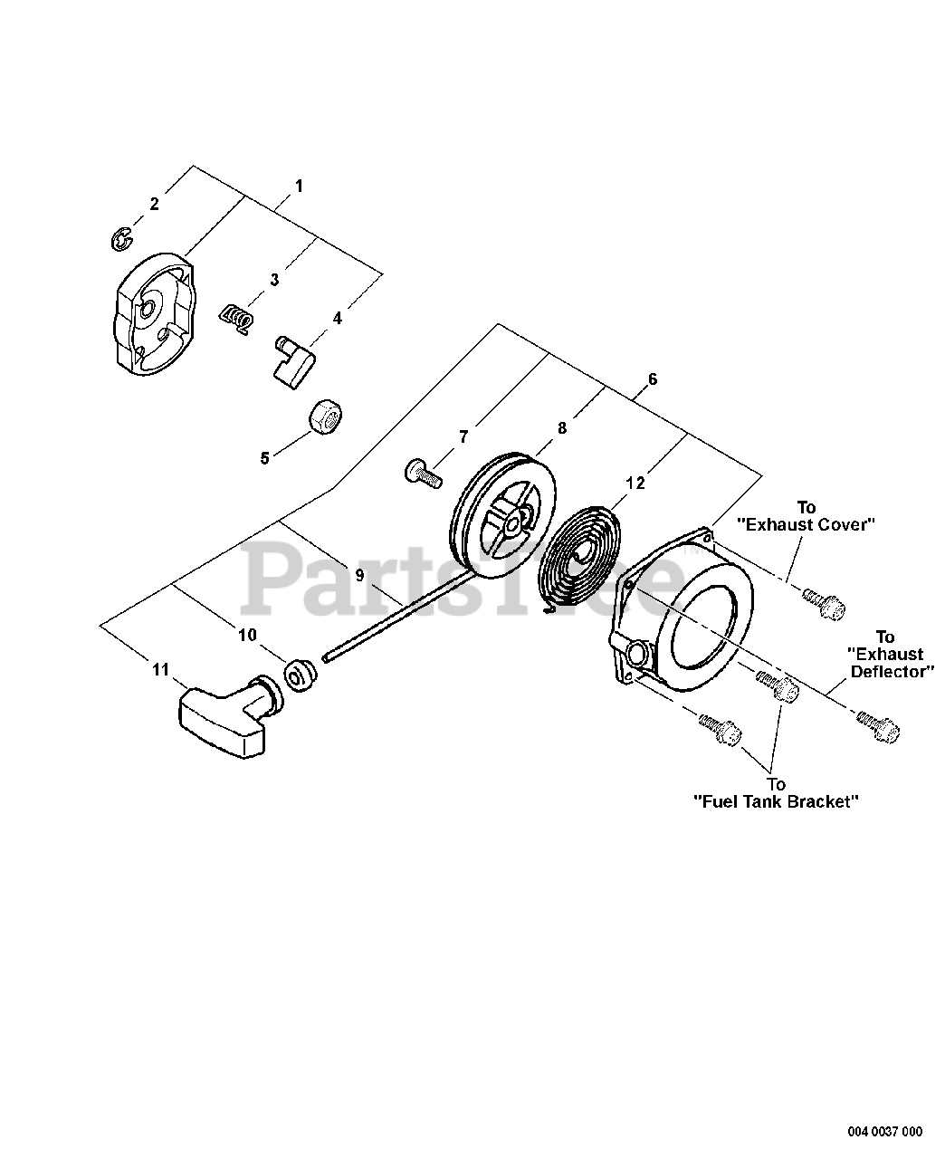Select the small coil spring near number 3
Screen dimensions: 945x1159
tap(236, 318)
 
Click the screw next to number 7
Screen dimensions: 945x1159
tap(421, 471)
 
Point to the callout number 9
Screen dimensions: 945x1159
tap(359, 574)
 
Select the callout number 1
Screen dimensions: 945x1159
tap(299, 186)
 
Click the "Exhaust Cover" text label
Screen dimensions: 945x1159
tap(806, 523)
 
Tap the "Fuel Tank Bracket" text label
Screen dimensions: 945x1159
tap(776, 800)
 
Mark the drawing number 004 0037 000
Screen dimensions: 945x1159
tap(884, 1131)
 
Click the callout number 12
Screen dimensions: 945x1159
tap(635, 483)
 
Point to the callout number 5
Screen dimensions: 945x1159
tap(264, 457)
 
